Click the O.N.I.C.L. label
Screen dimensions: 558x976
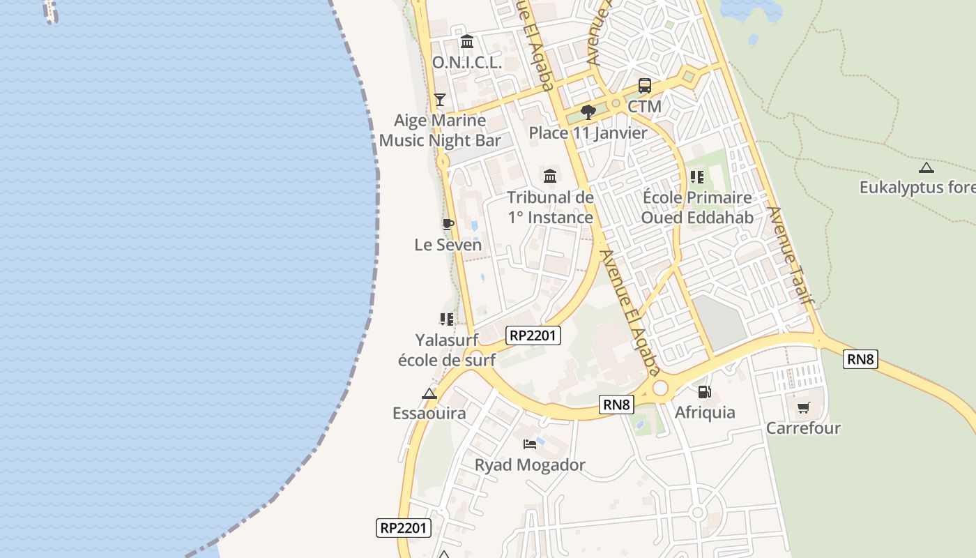[467, 62]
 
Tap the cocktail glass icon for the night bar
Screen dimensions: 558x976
[440, 99]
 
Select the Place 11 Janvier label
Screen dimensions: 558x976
[588, 133]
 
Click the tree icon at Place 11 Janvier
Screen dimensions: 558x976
[588, 112]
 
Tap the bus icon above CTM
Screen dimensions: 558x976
[645, 86]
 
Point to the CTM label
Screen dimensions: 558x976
[644, 107]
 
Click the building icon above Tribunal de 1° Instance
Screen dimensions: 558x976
[550, 176]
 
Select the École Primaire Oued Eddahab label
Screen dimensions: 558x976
[697, 208]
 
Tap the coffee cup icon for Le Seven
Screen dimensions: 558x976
[448, 224]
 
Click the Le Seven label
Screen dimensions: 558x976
[448, 245]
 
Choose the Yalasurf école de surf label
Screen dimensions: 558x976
[447, 350]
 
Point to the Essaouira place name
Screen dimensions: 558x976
[429, 413]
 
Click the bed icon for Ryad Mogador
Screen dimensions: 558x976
[530, 444]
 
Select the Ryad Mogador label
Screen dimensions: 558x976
[530, 465]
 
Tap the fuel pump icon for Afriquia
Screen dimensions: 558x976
[705, 392]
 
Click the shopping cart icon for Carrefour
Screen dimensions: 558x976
[803, 407]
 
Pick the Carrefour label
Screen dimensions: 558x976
[803, 428]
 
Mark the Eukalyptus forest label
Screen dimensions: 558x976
[917, 188]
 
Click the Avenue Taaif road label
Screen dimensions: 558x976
[791, 255]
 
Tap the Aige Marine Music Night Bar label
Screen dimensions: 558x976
[440, 130]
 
